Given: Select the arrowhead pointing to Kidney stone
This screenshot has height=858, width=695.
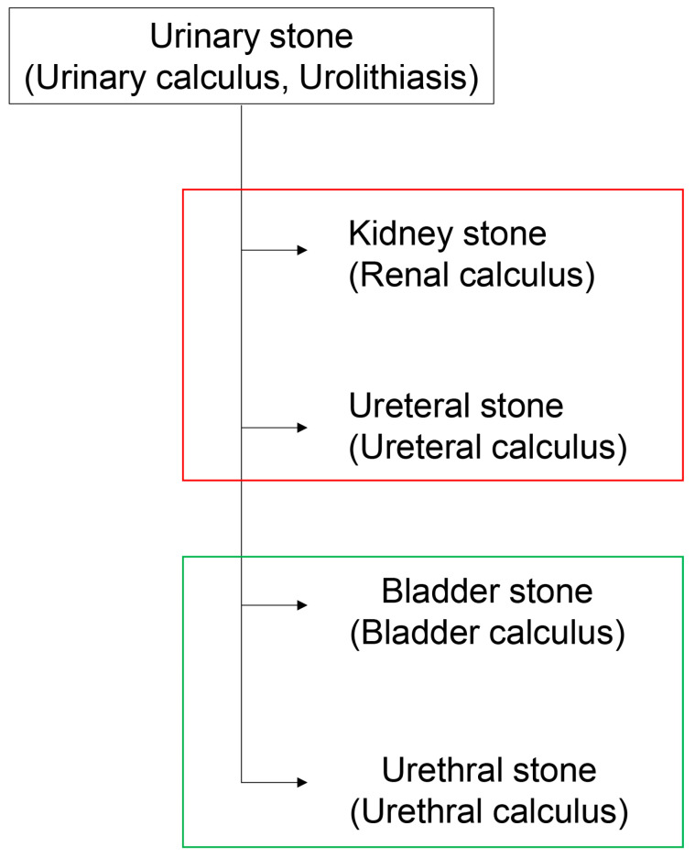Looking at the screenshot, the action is point(302,250).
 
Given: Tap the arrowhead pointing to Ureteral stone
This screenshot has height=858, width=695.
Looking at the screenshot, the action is point(302,428).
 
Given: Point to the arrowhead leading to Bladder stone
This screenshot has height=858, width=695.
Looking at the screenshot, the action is point(302,604).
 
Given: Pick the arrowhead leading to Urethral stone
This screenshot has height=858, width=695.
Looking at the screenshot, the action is point(302,782).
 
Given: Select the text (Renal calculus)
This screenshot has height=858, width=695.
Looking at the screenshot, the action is point(472,275).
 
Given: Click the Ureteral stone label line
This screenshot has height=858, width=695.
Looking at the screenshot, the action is point(456,406).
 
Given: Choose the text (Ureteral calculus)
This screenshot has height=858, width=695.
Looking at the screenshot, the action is point(488,448).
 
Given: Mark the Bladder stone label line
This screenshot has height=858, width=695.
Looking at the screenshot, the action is point(487,592).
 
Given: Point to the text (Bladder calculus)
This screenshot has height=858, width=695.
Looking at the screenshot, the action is point(487,633).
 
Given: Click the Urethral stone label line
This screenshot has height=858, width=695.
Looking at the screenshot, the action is point(489,770).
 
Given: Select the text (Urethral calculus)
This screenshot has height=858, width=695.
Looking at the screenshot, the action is point(489,811).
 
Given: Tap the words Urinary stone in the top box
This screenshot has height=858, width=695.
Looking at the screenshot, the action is point(251,37).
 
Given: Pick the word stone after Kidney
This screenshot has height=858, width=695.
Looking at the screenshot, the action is point(505,234).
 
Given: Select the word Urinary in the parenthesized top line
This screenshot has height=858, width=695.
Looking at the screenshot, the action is point(91,78).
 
